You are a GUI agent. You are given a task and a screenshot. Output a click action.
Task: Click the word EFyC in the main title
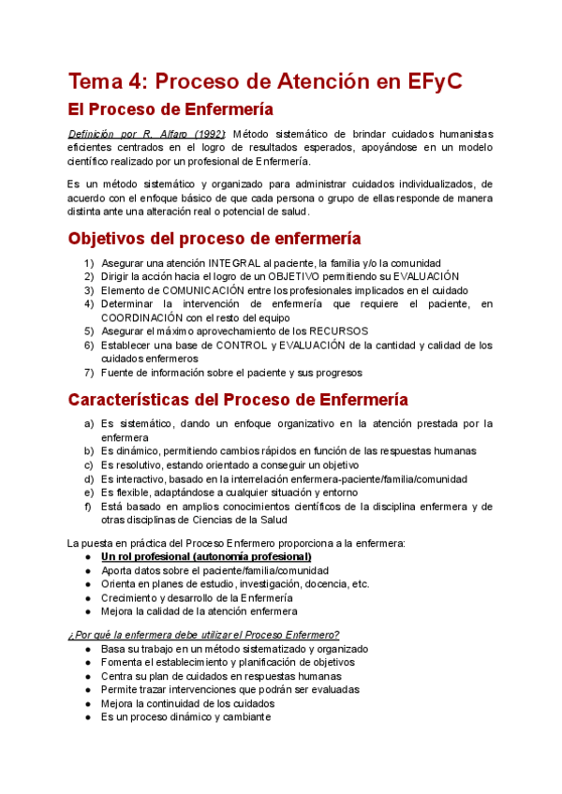coord(436,81)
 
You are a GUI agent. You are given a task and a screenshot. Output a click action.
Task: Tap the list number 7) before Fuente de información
coord(88,372)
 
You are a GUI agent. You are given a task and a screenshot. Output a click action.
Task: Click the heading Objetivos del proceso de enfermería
coord(214,238)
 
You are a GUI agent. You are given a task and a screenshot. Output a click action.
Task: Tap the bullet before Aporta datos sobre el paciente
coord(87,570)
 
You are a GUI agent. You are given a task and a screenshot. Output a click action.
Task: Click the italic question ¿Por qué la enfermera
coord(203,634)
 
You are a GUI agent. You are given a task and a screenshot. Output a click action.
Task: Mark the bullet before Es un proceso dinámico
coord(87,717)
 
